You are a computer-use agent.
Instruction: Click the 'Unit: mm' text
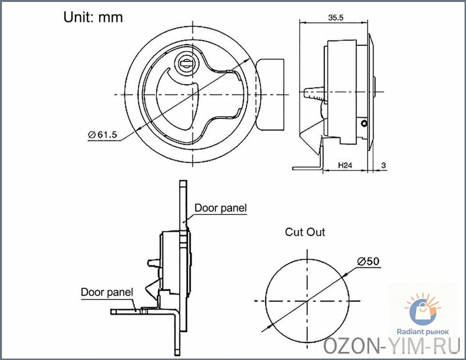point(93,17)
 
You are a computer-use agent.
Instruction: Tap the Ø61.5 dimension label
point(103,135)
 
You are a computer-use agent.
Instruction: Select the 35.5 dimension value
point(336,17)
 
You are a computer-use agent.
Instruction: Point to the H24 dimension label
point(345,165)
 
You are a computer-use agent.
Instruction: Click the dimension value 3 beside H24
point(383,165)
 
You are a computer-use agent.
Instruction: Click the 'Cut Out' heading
point(305,232)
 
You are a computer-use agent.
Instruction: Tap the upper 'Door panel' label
point(221,208)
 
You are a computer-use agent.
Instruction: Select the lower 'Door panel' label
point(107,292)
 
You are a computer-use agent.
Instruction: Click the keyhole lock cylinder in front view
point(185,63)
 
